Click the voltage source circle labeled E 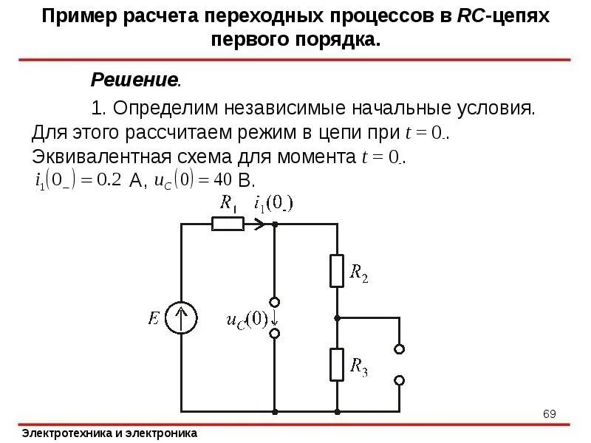pos(181,318)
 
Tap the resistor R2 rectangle pos(337,271)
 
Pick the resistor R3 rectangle pos(337,365)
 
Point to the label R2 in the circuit pos(358,274)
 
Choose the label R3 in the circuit pos(358,368)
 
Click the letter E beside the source pos(154,318)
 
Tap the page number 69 pos(549,413)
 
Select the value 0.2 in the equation pos(109,179)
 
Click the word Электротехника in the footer pos(67,433)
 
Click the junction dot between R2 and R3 pos(337,318)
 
